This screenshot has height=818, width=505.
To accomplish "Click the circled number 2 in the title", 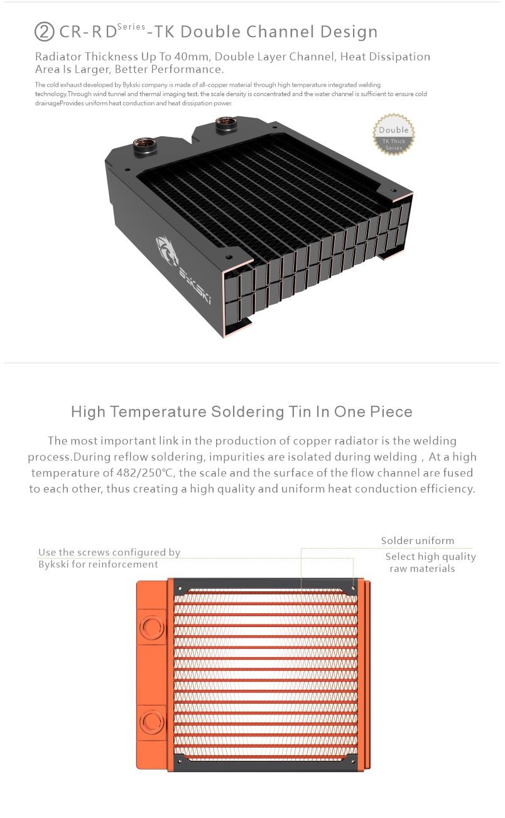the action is [44, 32].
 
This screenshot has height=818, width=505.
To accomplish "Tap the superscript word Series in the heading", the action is [131, 26].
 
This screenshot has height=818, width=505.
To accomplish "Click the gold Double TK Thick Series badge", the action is [394, 134].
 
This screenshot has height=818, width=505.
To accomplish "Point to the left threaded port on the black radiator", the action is [144, 146].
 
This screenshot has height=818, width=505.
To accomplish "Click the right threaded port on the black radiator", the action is [226, 124].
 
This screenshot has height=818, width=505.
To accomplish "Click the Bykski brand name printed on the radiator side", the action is [195, 284].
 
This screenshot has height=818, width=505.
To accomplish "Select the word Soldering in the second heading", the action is [247, 412].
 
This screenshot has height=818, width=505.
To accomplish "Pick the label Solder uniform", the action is [417, 540].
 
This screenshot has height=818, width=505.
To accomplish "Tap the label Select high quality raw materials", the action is [430, 562].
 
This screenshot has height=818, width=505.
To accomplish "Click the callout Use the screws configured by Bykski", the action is [109, 558].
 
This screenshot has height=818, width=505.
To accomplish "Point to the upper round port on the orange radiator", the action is [151, 626].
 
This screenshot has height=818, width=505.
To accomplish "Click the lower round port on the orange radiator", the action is [151, 723].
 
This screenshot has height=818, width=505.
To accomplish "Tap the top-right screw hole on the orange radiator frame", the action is [353, 589].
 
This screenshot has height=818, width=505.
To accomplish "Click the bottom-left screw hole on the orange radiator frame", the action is [179, 761].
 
